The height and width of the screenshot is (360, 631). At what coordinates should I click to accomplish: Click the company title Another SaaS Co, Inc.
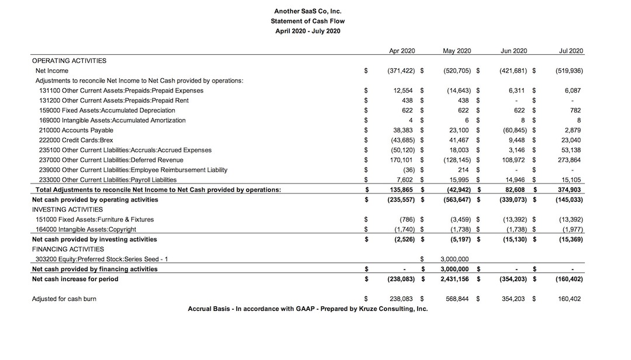point(307,11)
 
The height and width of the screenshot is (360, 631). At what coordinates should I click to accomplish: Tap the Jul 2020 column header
point(570,51)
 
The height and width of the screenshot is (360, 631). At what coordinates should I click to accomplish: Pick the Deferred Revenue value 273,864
point(569,160)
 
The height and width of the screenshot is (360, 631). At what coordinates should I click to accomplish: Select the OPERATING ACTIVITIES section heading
point(69,60)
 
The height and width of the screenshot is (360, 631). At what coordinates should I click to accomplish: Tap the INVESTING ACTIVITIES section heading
point(67,209)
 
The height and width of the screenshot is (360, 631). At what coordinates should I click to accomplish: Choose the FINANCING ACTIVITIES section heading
point(68,249)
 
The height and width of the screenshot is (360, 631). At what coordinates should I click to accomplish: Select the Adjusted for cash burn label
point(64,299)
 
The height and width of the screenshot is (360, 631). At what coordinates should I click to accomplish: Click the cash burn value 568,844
point(458,299)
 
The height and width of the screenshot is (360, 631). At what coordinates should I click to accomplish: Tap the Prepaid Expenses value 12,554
point(404,91)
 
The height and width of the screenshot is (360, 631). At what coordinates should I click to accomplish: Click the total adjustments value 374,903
point(569,189)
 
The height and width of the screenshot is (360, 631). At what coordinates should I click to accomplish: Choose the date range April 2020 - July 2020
point(307,31)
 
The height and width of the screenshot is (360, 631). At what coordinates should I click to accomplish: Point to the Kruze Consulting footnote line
point(307,309)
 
